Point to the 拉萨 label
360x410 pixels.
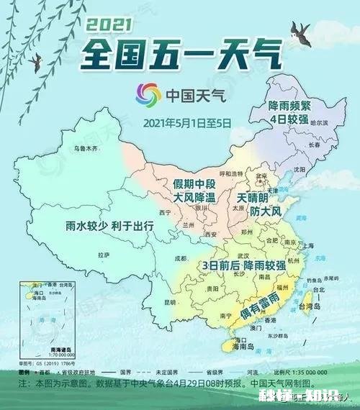click(x=104, y=255)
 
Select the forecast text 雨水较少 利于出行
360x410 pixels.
click(x=109, y=225)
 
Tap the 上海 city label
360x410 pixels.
click(x=309, y=245)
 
